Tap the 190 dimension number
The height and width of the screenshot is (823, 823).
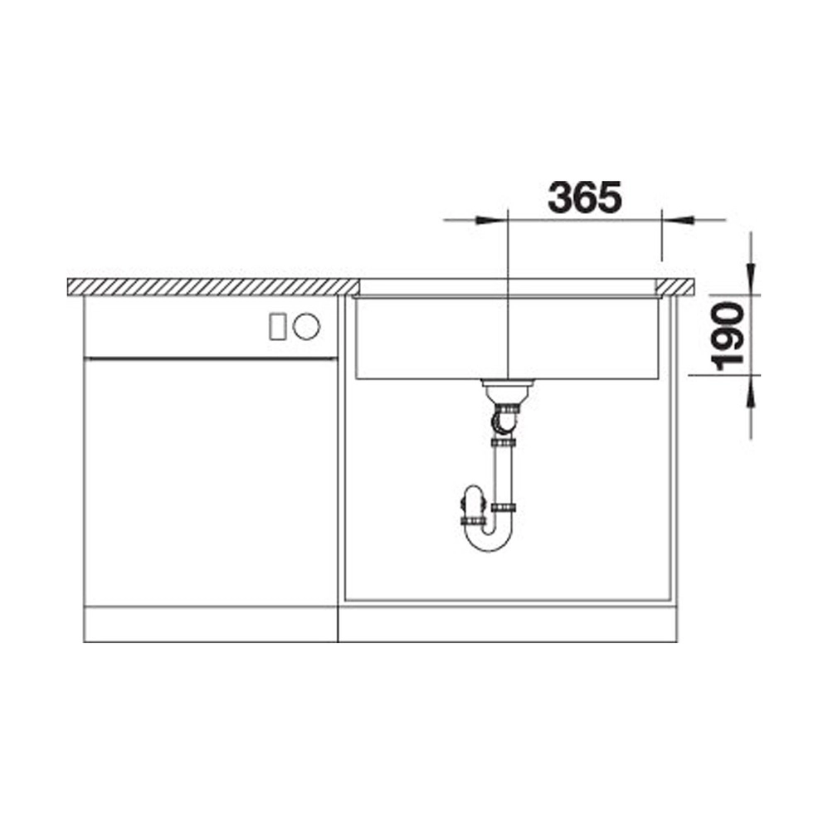coord(728,337)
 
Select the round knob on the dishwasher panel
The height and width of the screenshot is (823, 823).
coord(306,326)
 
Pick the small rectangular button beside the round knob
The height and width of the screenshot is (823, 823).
coord(278,326)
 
